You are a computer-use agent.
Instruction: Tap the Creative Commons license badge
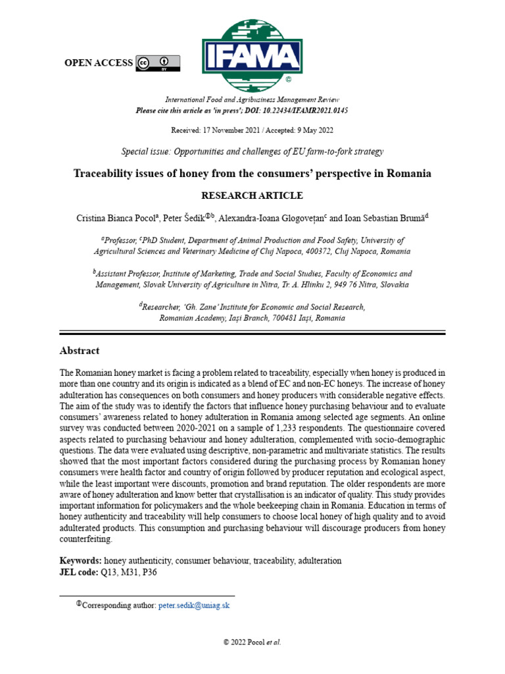tap(158, 63)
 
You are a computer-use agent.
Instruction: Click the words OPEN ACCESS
tap(98, 63)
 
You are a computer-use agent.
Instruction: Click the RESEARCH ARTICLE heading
tap(252, 195)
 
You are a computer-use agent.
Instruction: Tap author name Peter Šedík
tap(187, 217)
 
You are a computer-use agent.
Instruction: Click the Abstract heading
tap(80, 351)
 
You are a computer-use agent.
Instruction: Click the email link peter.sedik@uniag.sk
tap(194, 605)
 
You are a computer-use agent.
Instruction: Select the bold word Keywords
tap(80, 561)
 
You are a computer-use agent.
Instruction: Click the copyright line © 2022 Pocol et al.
tap(252, 642)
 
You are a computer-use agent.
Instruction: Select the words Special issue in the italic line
tap(145, 151)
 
